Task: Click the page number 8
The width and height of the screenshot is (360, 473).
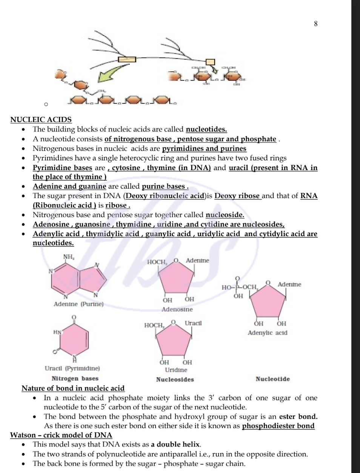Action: pos(316,24)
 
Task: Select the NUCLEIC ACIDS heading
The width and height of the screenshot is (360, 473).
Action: pos(41,120)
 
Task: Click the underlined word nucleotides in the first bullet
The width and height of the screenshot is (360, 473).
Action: pos(206,129)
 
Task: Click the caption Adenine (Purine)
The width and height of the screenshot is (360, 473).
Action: pos(78,304)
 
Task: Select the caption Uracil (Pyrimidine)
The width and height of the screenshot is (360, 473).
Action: pos(72,368)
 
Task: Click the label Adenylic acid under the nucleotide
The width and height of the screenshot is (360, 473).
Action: pos(267,333)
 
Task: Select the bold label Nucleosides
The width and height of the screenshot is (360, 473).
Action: pos(175,379)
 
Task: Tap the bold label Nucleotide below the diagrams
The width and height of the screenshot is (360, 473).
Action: pos(272,379)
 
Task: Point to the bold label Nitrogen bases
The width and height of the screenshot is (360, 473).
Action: pos(75,378)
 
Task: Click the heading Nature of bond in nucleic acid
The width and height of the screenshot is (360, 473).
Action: pos(73,388)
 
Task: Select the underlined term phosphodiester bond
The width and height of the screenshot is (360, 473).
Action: pos(278,426)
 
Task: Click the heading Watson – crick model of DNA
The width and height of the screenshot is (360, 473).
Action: pos(61,435)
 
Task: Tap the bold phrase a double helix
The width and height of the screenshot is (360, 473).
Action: pos(175,444)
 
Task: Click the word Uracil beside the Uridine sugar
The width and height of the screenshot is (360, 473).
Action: pos(193,323)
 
